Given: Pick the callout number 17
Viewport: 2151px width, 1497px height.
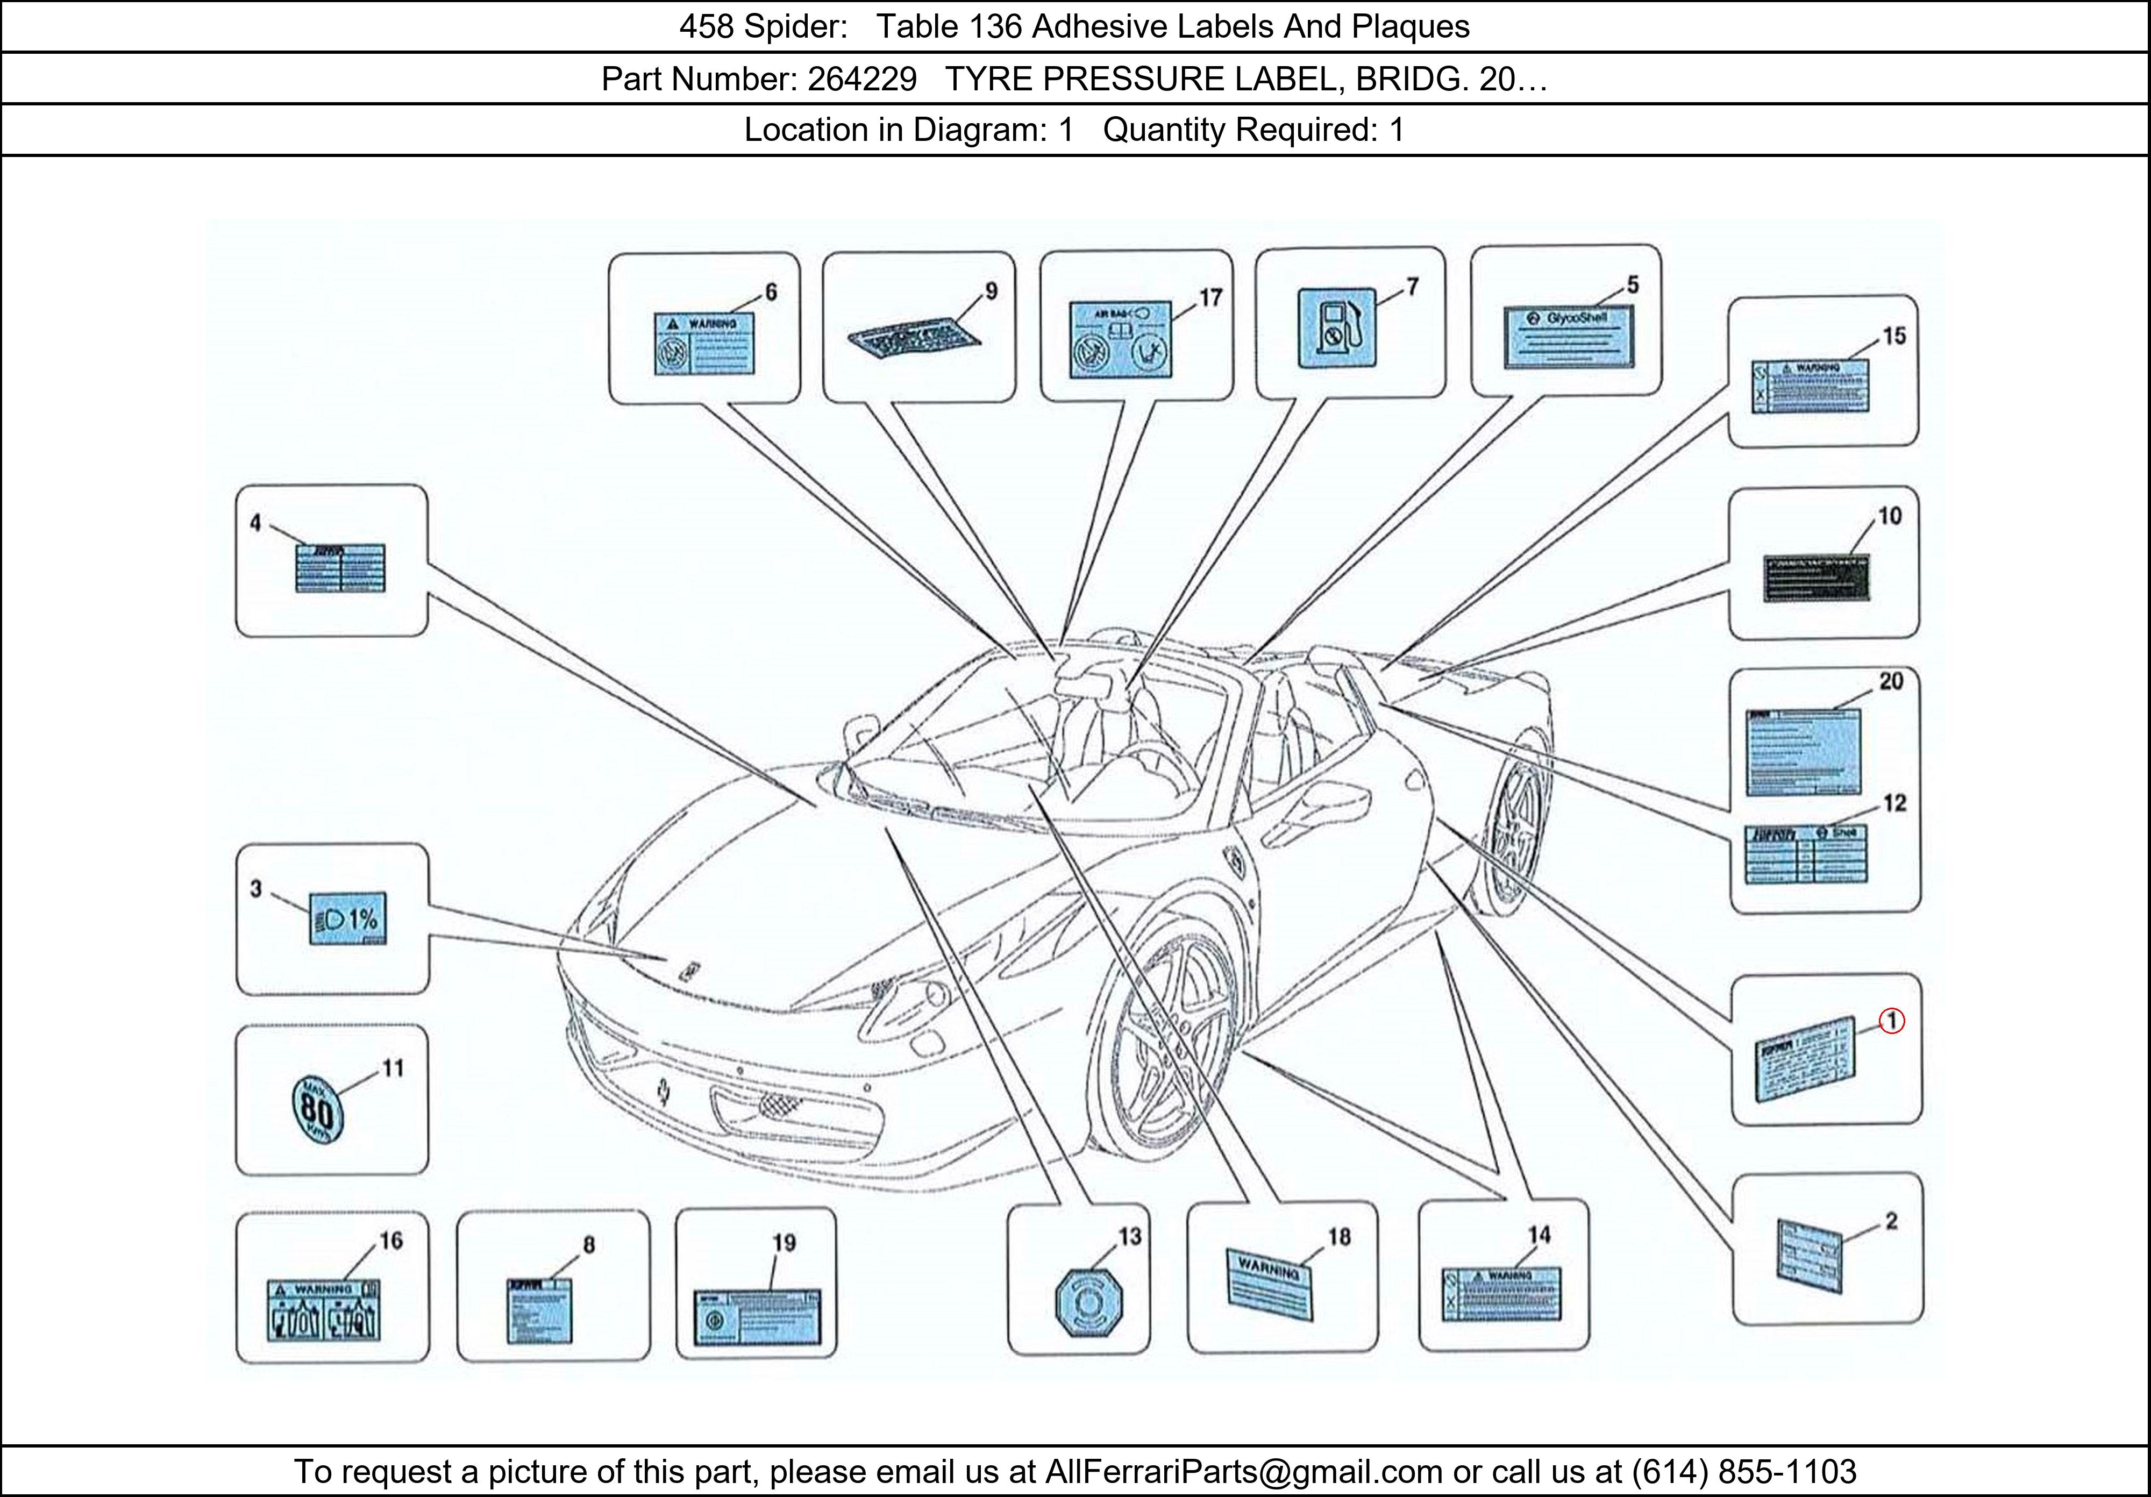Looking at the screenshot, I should (1210, 298).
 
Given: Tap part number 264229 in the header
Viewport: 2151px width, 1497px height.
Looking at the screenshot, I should (862, 79).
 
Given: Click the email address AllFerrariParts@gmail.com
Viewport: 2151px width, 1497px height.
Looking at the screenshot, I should (1244, 1472).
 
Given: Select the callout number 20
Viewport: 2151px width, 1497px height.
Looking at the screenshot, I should (1891, 681).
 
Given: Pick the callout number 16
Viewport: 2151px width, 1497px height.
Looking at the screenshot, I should (390, 1241).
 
